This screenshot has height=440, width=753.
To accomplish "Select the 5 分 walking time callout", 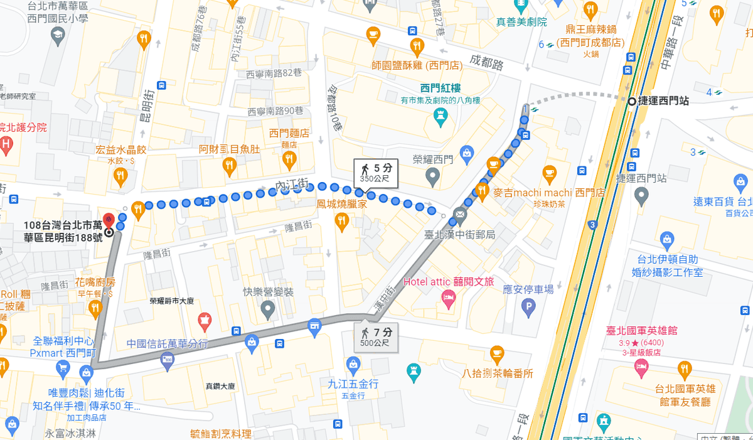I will pyautogui.click(x=375, y=172).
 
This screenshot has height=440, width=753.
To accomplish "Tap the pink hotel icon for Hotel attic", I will pyautogui.click(x=448, y=300).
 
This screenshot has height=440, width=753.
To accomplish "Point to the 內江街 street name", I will pyautogui.click(x=292, y=185).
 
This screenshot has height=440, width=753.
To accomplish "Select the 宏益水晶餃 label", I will pyautogui.click(x=121, y=150).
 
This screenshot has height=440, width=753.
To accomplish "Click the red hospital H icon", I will pyautogui.click(x=5, y=148).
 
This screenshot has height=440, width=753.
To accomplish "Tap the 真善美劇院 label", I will pyautogui.click(x=521, y=22).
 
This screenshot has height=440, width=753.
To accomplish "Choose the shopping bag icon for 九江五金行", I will pyautogui.click(x=353, y=364).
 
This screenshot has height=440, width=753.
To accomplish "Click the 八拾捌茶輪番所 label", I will pyautogui.click(x=498, y=373).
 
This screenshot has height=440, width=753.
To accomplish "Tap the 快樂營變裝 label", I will pyautogui.click(x=269, y=292).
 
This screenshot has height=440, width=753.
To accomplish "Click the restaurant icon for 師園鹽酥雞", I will pyautogui.click(x=417, y=46).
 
